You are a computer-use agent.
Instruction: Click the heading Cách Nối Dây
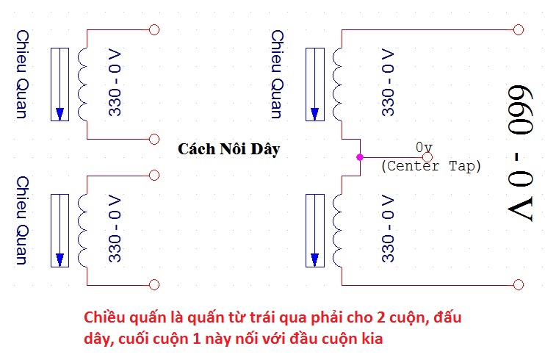pos(229,149)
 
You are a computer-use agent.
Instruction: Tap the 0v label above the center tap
pos(424,147)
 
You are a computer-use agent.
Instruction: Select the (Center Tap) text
pos(431,166)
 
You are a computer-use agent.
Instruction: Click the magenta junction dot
pos(359,157)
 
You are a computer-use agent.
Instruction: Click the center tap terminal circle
pos(427,156)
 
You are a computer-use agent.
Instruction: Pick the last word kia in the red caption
pos(369,341)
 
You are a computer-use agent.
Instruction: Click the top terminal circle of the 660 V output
pos(519,29)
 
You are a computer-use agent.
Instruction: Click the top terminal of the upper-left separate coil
pos(154,29)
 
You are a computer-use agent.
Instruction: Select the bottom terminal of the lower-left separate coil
pos(154,285)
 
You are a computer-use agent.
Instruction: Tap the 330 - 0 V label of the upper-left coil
pos(116,84)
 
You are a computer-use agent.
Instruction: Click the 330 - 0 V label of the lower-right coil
pos(389,229)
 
